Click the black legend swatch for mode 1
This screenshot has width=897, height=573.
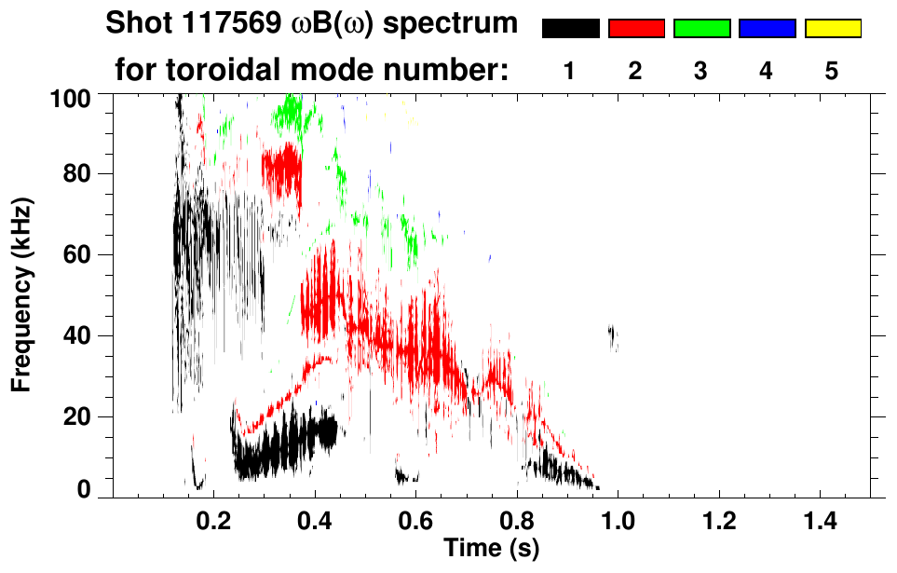coord(570,29)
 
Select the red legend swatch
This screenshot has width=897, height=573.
coord(636,29)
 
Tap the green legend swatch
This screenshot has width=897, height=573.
coord(701,29)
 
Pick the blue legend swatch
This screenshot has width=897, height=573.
coord(767,29)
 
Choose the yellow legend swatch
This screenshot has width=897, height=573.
coord(833,29)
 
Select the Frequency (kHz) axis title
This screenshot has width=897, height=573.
coord(22,293)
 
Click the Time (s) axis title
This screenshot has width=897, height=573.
coord(491,547)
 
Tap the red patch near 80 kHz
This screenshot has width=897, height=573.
coord(282,170)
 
